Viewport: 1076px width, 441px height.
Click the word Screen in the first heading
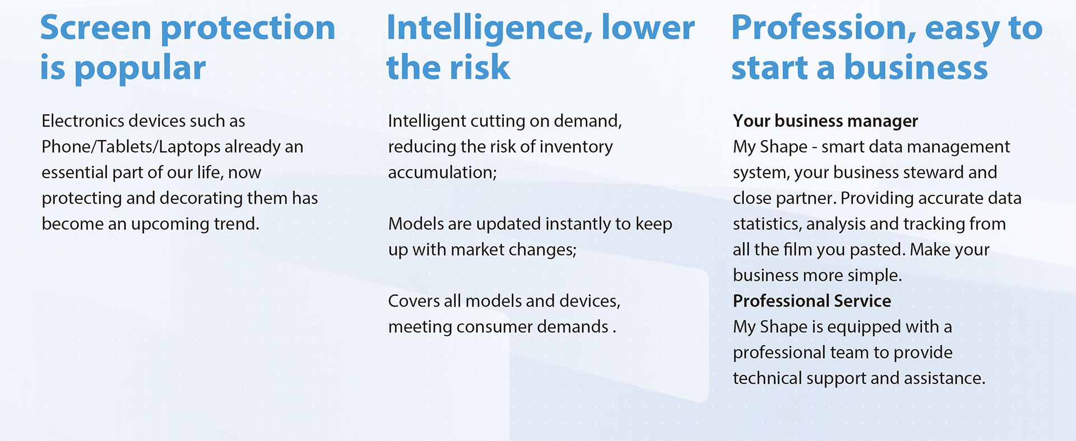[x=96, y=27]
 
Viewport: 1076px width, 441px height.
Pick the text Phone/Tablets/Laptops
[x=131, y=147]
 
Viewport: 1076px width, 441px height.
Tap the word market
[x=477, y=249]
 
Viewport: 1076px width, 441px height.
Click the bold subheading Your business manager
[x=825, y=121]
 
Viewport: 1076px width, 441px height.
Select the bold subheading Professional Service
[x=812, y=301]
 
